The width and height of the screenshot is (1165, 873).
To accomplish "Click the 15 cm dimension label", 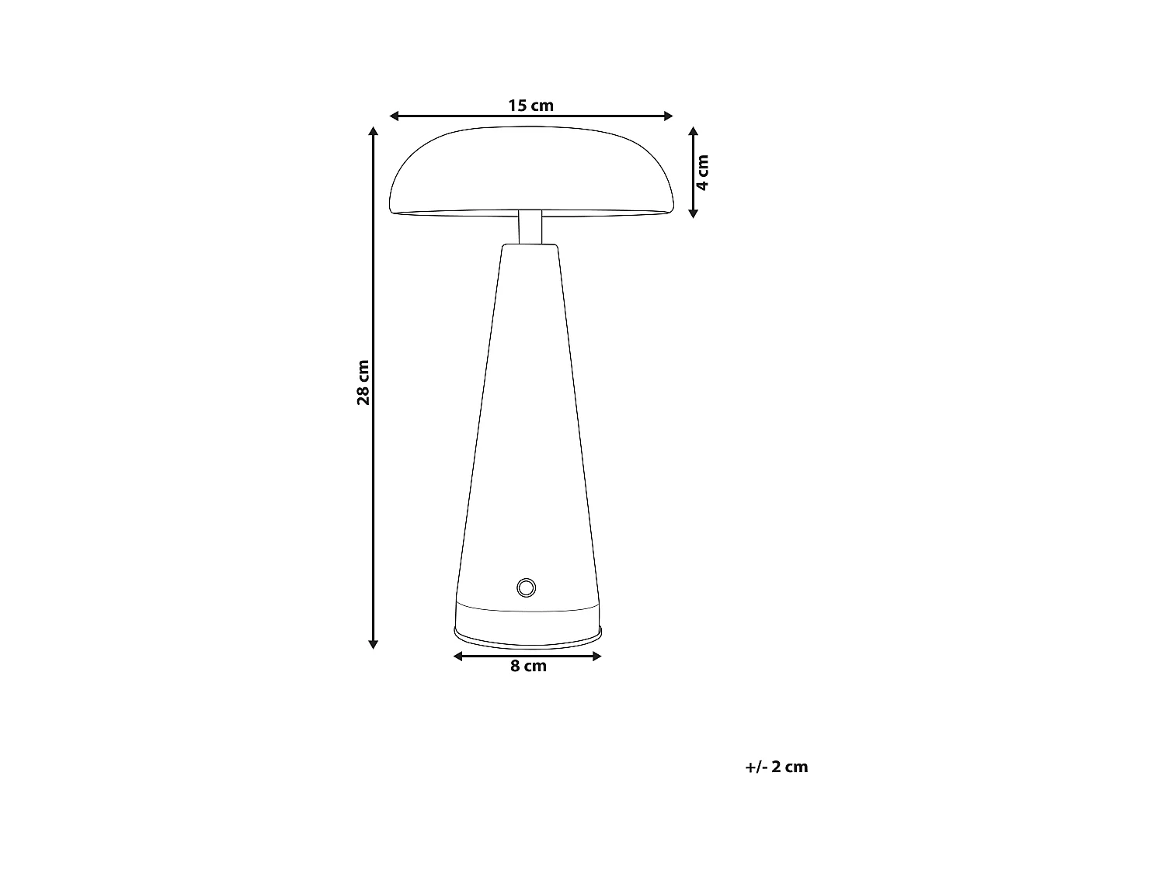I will pos(531,106).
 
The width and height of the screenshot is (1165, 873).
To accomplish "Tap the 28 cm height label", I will pos(363,383).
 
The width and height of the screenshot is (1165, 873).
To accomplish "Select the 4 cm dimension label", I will pos(703,172).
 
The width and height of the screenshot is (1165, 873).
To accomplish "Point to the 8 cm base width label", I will pos(528,667).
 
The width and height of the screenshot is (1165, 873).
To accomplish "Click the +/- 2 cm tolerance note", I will pos(777,767).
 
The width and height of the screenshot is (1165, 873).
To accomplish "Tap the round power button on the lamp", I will pos(526,587).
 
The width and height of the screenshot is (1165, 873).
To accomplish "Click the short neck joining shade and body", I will pos(530,227).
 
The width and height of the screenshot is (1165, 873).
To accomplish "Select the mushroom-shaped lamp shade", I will pos(531,171).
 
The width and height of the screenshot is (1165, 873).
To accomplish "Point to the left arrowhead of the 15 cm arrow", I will pos(394,116).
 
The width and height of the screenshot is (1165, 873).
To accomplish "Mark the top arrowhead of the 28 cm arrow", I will pos(374,133).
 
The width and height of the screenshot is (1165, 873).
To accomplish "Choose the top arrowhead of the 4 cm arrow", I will pos(694,132).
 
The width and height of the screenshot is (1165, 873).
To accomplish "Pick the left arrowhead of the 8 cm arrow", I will pos(457,656).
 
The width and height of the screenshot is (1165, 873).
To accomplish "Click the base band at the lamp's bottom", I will pos(528,621).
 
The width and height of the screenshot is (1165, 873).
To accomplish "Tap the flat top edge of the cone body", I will pos(530,245).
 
